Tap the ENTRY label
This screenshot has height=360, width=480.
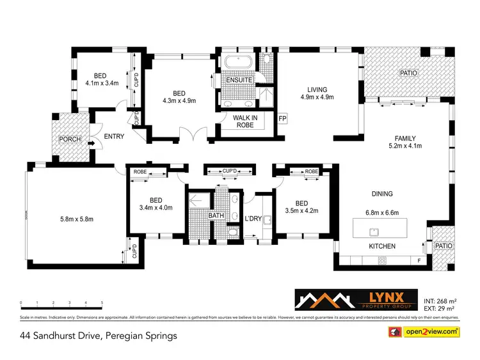coord(114,137)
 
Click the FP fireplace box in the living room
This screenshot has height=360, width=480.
coord(282,119)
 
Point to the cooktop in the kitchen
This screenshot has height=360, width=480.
coord(383,260)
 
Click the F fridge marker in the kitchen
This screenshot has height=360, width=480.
coord(419,260)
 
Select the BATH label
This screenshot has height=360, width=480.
coord(216,216)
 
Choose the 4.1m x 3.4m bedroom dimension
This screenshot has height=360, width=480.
coord(102,82)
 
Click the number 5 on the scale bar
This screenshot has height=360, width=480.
coord(102,302)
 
